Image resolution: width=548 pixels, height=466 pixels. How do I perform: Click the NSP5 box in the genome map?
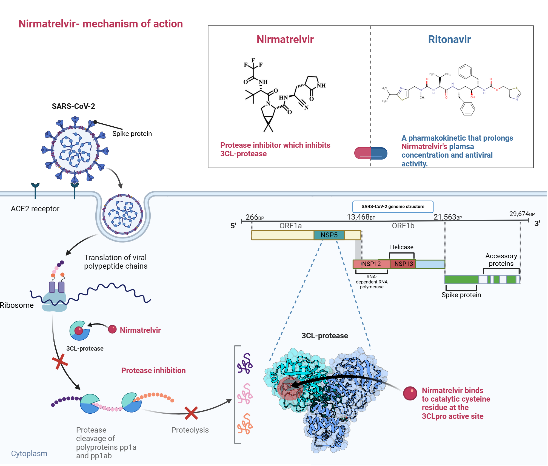pos(329,235)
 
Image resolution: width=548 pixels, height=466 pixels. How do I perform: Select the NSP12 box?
pos(371,264)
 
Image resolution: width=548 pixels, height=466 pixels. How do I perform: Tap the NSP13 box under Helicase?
pos(403,264)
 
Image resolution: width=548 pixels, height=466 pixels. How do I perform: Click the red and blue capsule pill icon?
pos(371,153)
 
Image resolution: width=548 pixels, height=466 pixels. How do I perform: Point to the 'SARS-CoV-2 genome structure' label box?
pos(393,207)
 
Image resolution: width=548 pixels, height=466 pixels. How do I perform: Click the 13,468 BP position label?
pos(361,217)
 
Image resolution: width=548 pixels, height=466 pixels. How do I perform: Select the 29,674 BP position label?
pos(522,214)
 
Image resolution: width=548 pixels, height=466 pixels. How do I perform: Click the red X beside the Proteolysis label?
pos(191,413)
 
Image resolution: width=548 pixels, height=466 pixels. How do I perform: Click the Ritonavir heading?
pos(449,39)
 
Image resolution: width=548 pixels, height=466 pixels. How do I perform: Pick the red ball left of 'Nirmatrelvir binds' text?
pos(410,393)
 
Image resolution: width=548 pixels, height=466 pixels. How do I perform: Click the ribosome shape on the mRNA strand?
pos(54,302)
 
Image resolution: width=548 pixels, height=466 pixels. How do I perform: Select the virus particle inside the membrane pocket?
pos(122,214)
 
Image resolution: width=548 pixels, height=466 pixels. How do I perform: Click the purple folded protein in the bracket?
pos(245,363)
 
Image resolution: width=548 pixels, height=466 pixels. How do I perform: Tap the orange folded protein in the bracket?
pos(245,424)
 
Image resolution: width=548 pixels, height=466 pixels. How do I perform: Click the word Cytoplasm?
pos(29,454)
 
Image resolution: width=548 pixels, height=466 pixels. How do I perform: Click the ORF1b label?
pos(403,226)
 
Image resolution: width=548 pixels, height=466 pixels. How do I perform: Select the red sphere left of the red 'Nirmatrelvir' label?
pos(112,329)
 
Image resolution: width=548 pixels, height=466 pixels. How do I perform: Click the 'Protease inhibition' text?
pos(153,371)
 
